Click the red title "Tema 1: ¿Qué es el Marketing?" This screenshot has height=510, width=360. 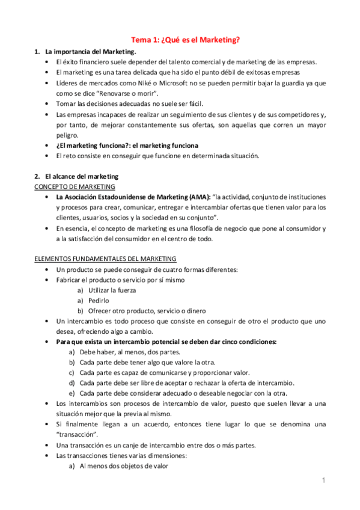[x=186, y=40]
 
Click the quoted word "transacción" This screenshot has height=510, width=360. [x=76, y=435]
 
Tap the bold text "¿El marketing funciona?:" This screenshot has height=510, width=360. [x=93, y=146]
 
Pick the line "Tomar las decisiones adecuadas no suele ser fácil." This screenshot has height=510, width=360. [x=129, y=103]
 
